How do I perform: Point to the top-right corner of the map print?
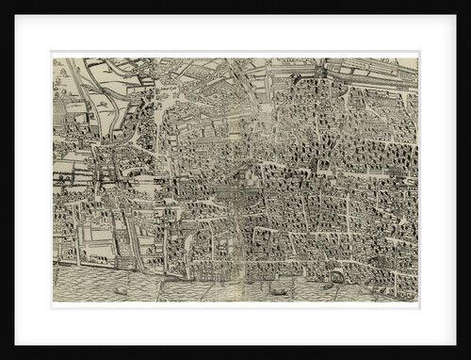pyautogui.click(x=417, y=57)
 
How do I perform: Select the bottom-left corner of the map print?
pyautogui.click(x=54, y=302)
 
